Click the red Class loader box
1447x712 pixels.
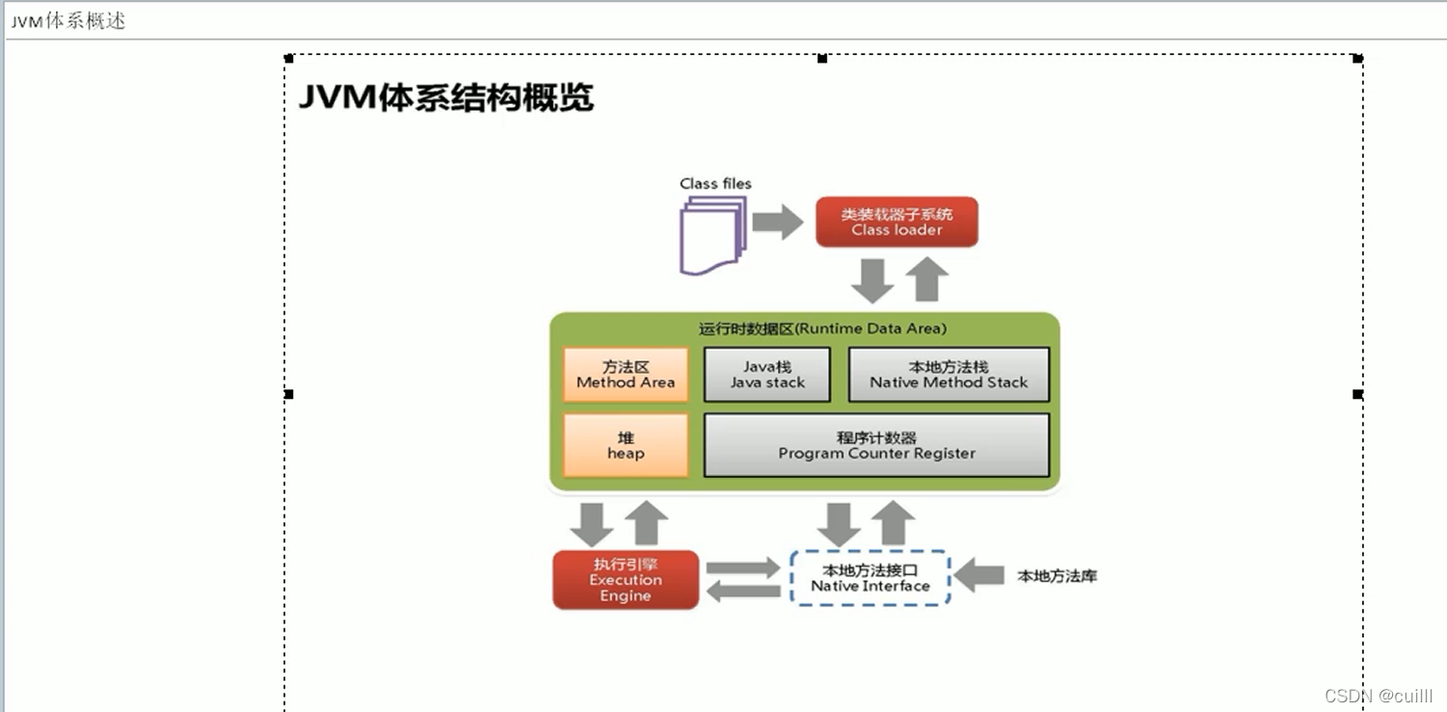click(897, 223)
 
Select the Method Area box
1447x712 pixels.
click(626, 375)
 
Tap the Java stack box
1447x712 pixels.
click(767, 375)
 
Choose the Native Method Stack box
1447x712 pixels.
click(949, 375)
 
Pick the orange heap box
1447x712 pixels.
click(626, 445)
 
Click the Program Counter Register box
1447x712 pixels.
click(876, 445)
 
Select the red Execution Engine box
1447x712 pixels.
click(626, 580)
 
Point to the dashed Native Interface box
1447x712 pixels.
click(870, 578)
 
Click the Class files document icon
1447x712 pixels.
click(712, 234)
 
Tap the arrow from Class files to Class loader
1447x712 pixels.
click(777, 223)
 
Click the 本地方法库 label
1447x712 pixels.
click(1057, 576)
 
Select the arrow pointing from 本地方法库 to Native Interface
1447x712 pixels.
click(979, 576)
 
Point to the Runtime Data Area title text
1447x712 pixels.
click(822, 329)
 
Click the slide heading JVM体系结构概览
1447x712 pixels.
click(445, 97)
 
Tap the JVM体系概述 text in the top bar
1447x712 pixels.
click(67, 21)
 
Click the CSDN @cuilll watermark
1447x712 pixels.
click(1379, 696)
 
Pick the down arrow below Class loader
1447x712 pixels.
click(872, 280)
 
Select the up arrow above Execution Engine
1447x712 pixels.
click(646, 523)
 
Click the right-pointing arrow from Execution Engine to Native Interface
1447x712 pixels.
click(742, 567)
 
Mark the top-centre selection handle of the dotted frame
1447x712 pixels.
click(822, 59)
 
